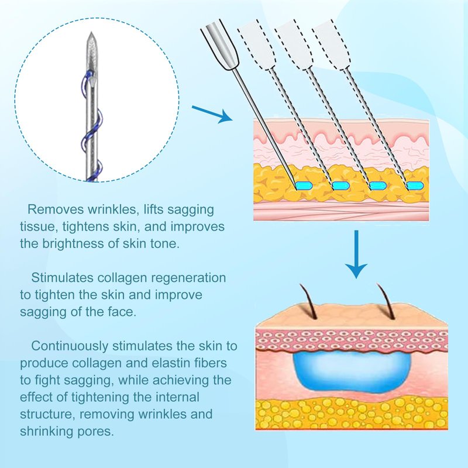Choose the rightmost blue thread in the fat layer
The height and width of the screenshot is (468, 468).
tap(414, 185)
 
